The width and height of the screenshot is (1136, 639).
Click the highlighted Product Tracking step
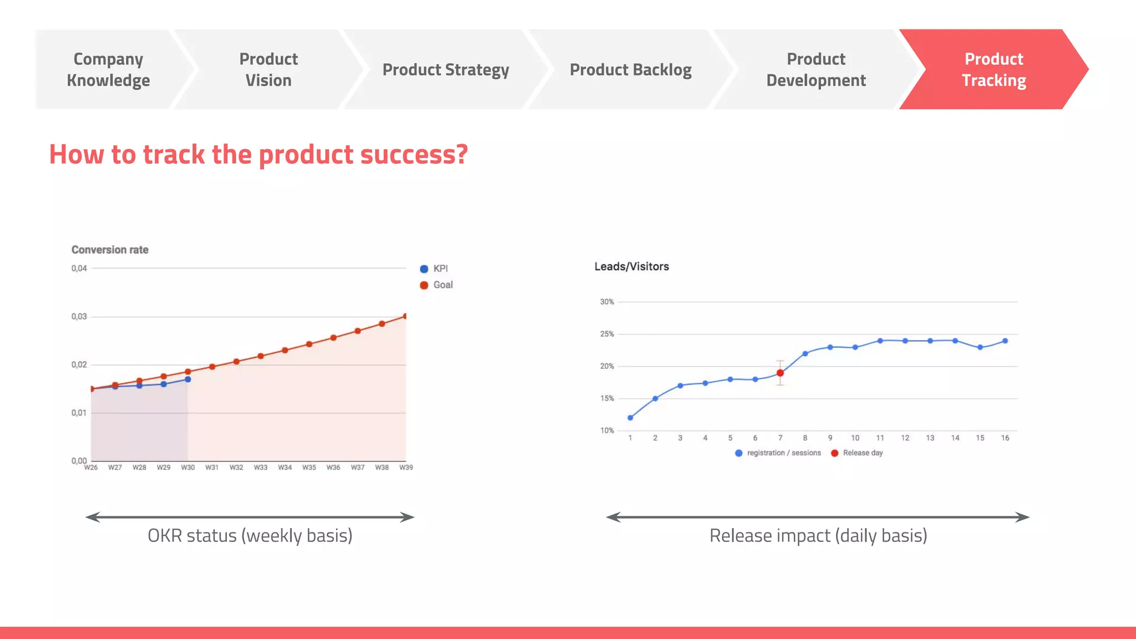click(993, 69)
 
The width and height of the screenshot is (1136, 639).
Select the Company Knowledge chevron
click(109, 69)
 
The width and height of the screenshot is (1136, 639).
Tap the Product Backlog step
click(630, 69)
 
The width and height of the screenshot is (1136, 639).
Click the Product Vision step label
click(268, 69)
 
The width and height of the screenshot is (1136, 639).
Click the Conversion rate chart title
click(110, 250)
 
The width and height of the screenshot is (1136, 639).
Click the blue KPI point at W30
click(188, 379)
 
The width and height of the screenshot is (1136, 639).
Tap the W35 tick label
click(309, 468)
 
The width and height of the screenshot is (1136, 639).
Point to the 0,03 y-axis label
click(79, 317)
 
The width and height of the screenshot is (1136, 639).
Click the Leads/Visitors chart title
click(631, 267)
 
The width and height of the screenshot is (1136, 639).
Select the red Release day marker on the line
click(780, 373)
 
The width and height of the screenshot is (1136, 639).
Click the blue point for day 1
click(630, 418)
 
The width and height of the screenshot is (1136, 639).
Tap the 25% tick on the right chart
click(607, 334)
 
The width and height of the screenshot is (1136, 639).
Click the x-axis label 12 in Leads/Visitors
click(905, 438)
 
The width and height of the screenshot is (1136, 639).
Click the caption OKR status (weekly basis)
click(250, 536)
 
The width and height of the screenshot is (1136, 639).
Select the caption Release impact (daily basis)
click(818, 536)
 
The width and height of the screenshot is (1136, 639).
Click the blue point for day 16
click(1005, 341)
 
